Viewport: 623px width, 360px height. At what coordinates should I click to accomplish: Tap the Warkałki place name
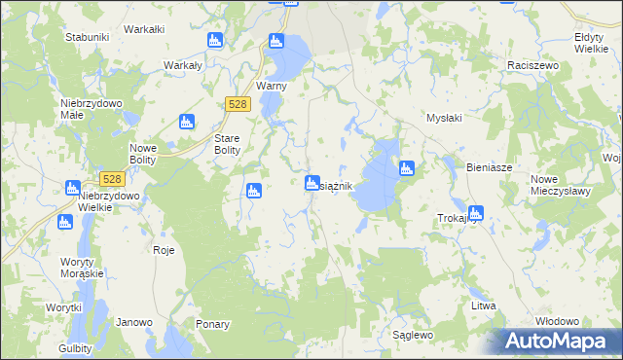144,29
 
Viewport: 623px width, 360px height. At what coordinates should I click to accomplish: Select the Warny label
269,86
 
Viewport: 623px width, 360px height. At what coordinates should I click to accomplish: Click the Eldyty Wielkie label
591,42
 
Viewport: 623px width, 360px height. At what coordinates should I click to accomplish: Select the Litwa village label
484,306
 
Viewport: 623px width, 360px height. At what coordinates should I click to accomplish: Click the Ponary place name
212,324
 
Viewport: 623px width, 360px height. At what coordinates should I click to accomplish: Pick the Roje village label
164,250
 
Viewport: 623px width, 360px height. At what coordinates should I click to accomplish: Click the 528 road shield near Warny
238,104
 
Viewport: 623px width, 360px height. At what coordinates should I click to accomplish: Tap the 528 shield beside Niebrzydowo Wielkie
112,179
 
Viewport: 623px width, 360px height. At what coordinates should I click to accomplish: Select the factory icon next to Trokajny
475,212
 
